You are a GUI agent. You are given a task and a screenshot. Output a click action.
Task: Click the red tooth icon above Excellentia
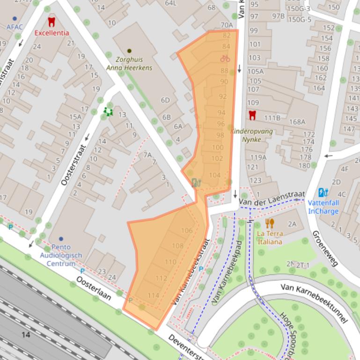pyautogui.click(x=51, y=22)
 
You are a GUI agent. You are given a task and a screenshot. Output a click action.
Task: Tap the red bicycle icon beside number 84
pyautogui.click(x=225, y=58)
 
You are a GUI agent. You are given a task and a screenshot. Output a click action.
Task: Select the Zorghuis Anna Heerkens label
pyautogui.click(x=129, y=64)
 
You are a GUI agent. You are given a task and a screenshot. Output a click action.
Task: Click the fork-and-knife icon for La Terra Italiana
pyautogui.click(x=269, y=223)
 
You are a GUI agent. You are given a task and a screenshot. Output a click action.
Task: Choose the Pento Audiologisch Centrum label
pyautogui.click(x=61, y=256)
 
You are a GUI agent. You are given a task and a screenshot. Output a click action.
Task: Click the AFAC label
pyautogui.click(x=15, y=27)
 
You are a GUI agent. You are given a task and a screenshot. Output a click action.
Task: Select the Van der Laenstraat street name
pyautogui.click(x=272, y=197)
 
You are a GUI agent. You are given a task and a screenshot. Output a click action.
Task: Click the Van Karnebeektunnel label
pyautogui.click(x=315, y=302)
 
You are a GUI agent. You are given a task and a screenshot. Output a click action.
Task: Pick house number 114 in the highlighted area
pyautogui.click(x=153, y=295)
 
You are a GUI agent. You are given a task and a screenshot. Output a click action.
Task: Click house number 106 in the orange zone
pyautogui.click(x=186, y=230)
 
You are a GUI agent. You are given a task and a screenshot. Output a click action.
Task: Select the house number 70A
pyautogui.click(x=227, y=25)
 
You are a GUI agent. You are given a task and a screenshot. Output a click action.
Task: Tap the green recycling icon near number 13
pyautogui.click(x=108, y=111)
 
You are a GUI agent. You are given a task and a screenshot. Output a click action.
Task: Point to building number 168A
pyautogui.click(x=297, y=122)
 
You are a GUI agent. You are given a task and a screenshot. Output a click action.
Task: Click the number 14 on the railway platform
pyautogui.click(x=25, y=334)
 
